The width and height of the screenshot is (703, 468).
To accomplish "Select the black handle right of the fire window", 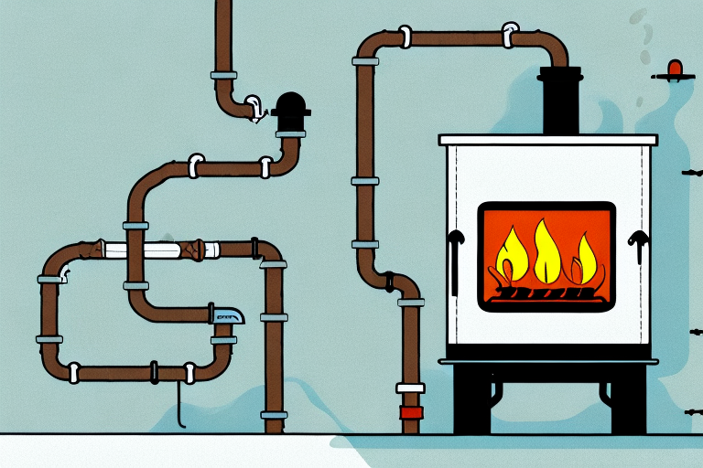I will [x=637, y=243].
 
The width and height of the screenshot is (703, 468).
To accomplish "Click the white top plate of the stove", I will [x=547, y=140].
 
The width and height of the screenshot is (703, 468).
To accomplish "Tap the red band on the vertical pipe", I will [x=412, y=412].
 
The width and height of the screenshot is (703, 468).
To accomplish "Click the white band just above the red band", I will [x=412, y=388].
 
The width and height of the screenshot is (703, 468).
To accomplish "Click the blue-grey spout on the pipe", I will [x=228, y=315].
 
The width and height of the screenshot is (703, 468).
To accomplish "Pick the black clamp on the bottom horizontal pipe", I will [x=154, y=371].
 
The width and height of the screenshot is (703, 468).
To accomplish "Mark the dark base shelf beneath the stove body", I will [x=547, y=360].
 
